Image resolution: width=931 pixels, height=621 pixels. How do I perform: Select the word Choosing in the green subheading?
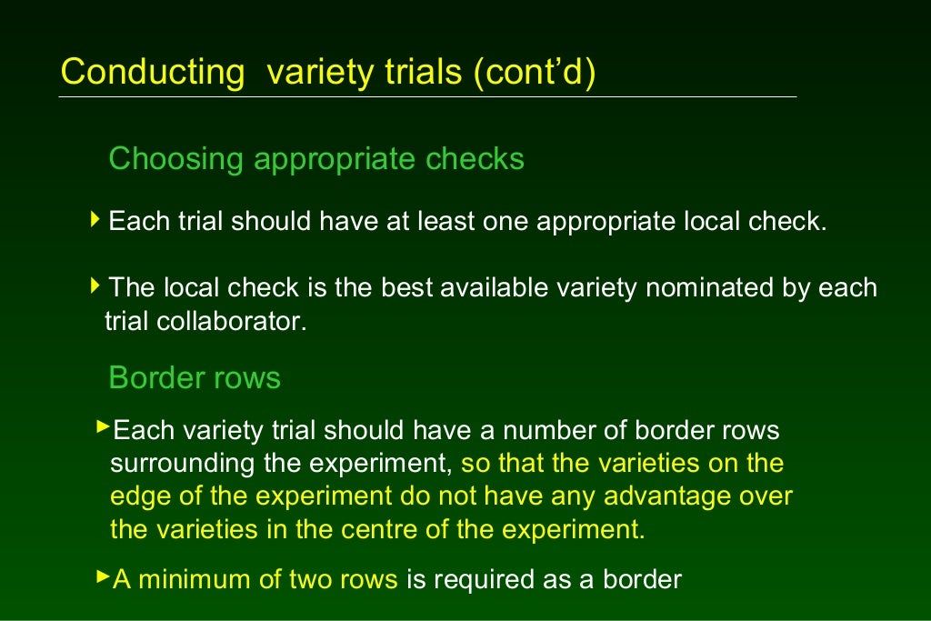tap(176, 159)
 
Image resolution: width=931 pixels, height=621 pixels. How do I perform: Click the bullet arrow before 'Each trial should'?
tap(95, 220)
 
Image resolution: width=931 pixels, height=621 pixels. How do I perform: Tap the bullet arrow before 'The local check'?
tap(95, 286)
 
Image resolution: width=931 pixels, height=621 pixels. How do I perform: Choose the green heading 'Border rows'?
tap(195, 377)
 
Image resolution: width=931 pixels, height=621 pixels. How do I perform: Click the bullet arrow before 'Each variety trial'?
tap(102, 426)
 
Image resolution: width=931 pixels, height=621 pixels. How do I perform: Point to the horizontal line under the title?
tap(427, 96)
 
